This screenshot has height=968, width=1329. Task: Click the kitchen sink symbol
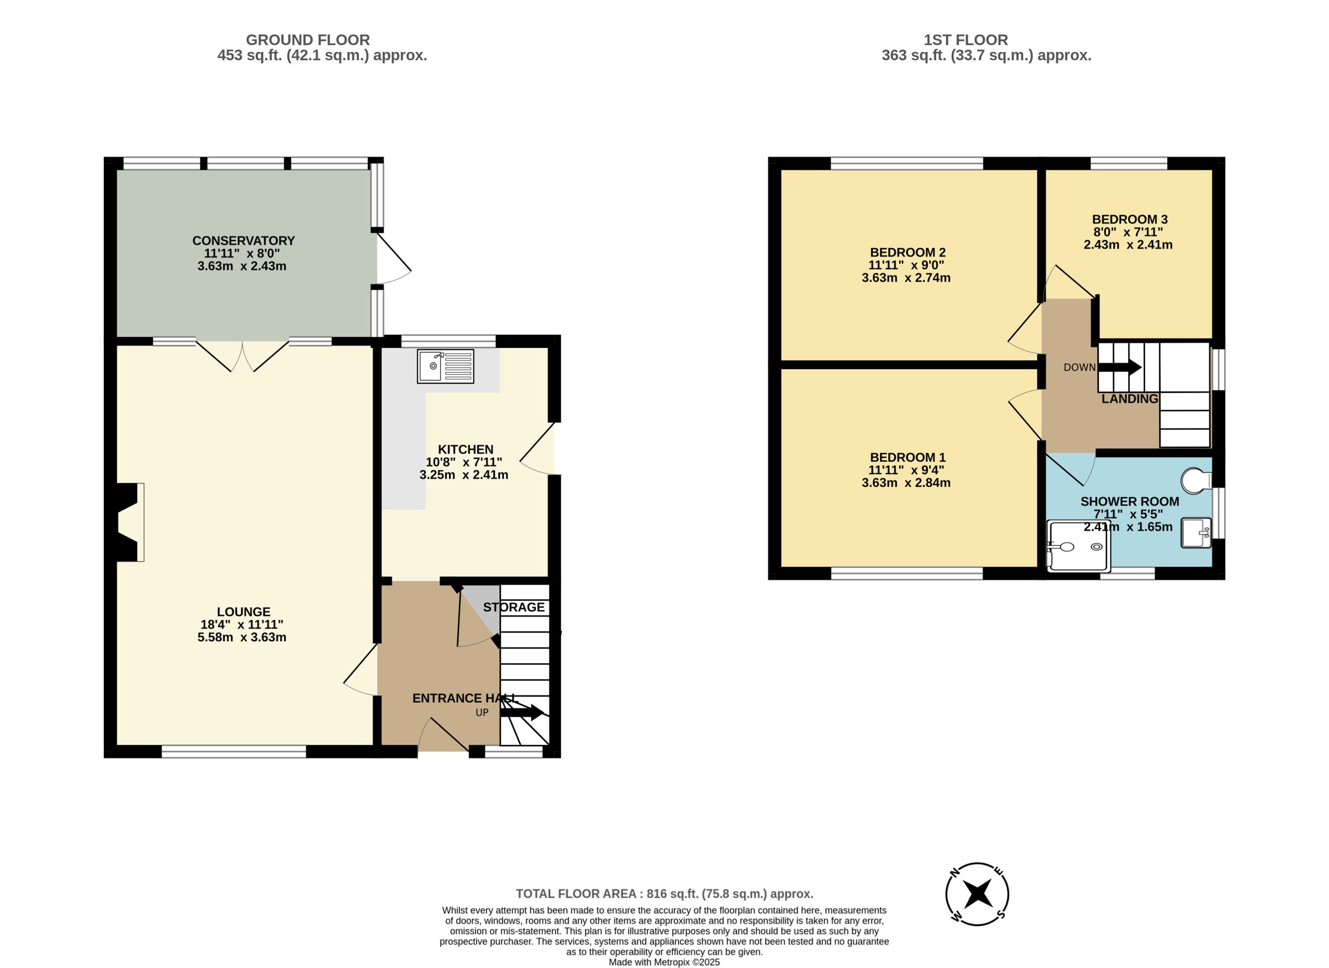pos(445,367)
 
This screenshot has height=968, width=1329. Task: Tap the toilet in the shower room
pos(1196,481)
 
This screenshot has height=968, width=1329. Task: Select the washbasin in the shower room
pos(1196,533)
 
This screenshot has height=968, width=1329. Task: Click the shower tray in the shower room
pos(1078,546)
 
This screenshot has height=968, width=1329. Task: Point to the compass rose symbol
pos(977,895)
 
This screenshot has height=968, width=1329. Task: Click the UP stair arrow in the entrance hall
pos(522,712)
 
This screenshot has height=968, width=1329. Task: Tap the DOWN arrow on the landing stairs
pos(1120,368)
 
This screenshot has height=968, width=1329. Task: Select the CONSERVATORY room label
pos(243,240)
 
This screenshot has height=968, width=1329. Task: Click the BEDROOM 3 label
pos(1130,219)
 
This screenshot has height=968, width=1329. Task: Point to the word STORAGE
pos(514,608)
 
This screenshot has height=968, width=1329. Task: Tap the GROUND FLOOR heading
pos(308,40)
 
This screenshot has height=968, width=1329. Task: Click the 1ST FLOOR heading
pos(966,40)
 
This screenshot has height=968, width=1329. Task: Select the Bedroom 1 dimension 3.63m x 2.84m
pos(906,483)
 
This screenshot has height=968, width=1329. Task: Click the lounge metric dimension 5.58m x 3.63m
pos(242,637)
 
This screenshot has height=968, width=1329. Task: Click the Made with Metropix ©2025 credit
pos(664,962)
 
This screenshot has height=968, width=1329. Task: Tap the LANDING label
pos(1130,399)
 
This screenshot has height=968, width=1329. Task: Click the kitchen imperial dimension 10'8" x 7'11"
pos(464,462)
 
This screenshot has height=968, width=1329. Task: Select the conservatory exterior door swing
pos(395,258)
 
